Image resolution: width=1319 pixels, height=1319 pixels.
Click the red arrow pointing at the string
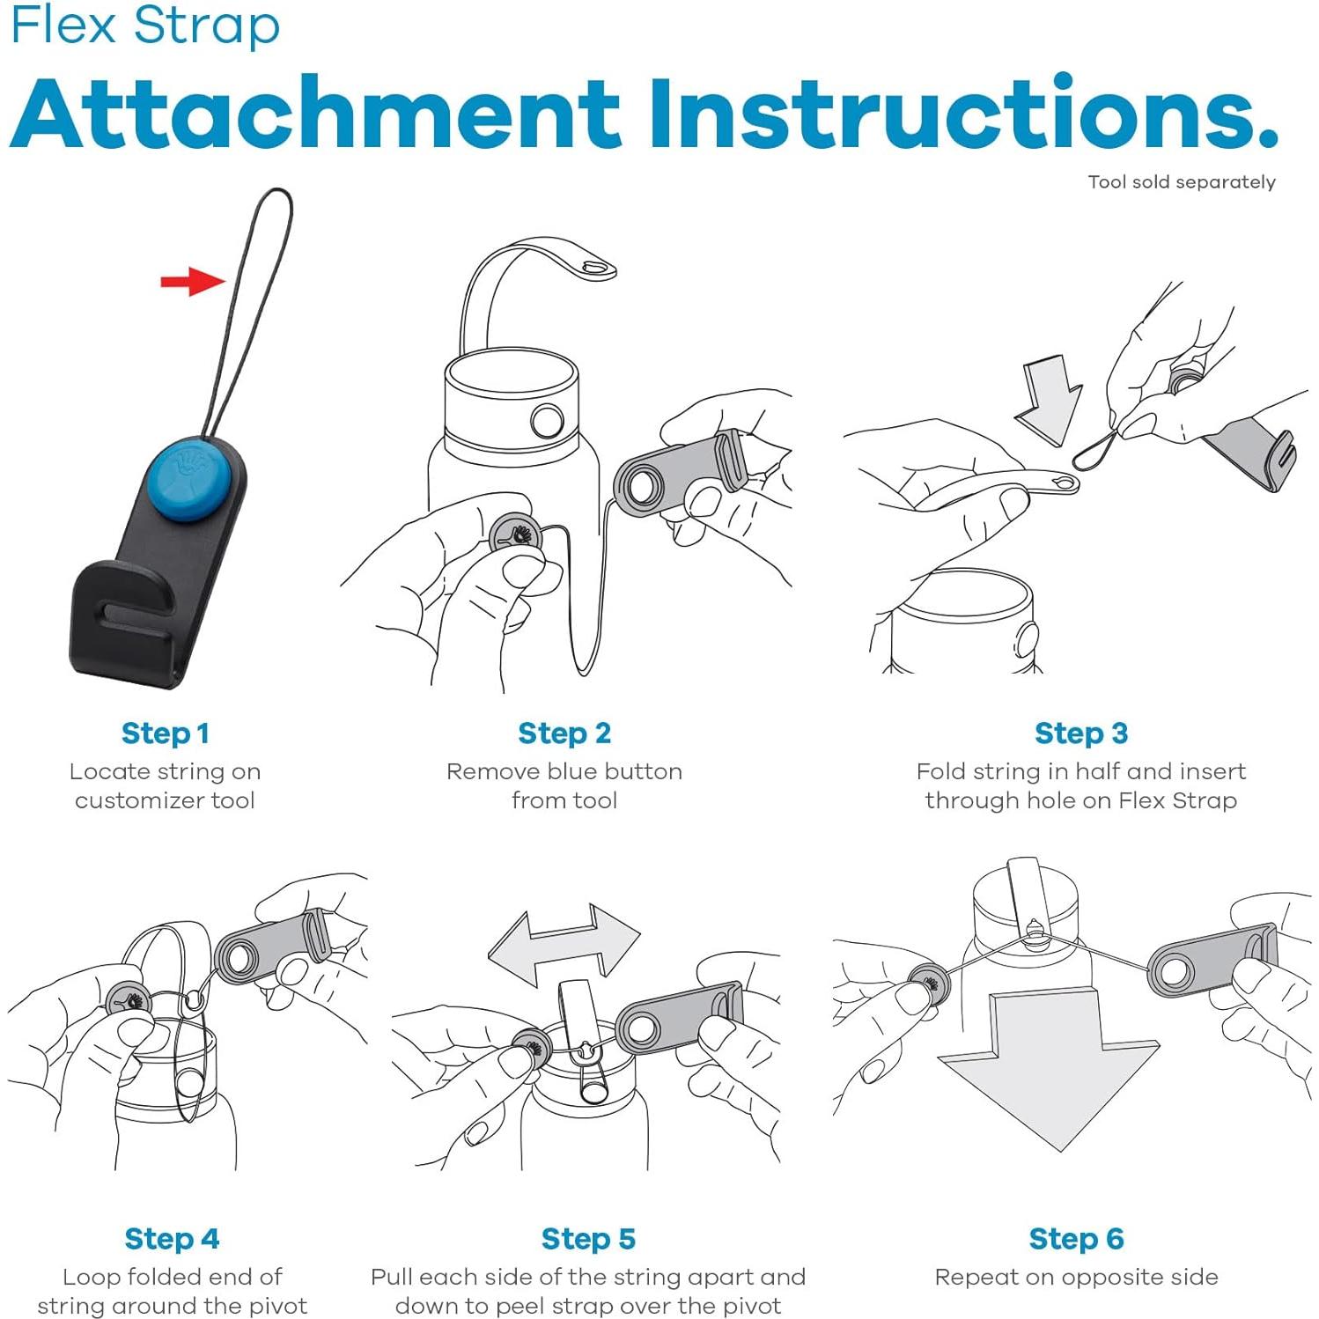[x=193, y=282]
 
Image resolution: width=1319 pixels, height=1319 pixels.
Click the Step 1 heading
[x=166, y=733]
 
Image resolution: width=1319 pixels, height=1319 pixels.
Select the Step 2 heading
[x=564, y=733]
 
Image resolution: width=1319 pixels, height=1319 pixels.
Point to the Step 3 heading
[x=1081, y=733]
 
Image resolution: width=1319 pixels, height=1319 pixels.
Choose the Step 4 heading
[x=172, y=1238]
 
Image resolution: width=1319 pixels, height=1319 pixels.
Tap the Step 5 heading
[x=588, y=1238]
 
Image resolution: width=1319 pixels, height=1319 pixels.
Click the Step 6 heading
[x=1076, y=1238]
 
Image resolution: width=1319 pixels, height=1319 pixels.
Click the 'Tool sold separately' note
[x=1182, y=182]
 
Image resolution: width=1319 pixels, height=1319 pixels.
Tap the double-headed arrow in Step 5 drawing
[x=564, y=946]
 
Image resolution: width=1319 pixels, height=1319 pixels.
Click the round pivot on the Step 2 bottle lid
[x=547, y=422]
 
